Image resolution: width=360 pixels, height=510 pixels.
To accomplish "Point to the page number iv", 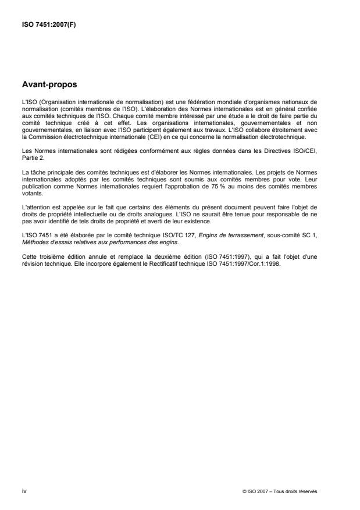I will click(x=23, y=491).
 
